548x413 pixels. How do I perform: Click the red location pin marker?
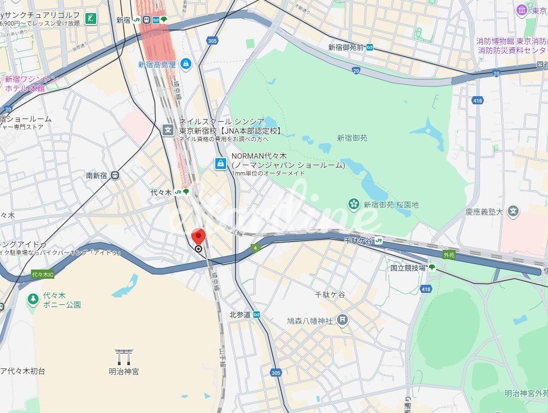point(198,237)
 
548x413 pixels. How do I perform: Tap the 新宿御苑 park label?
point(352,138)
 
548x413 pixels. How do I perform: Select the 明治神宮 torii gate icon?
point(123,356)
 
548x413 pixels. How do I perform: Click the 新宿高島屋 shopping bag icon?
point(186,64)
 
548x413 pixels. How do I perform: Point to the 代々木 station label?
point(161,192)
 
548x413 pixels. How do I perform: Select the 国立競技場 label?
point(408,267)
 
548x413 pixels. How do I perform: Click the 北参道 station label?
point(240,315)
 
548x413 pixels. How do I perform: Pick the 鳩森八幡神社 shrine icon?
point(342,320)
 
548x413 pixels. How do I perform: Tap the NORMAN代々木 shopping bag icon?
point(220,163)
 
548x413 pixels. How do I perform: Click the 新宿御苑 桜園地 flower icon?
point(354,204)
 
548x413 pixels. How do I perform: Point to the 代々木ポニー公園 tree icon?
point(33,298)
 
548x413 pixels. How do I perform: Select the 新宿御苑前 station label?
point(346,47)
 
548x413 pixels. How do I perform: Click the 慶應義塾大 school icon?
point(513,211)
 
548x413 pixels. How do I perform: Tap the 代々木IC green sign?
point(43,275)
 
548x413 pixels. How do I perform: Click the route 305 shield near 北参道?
point(276,373)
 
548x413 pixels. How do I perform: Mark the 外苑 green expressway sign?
point(449,254)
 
